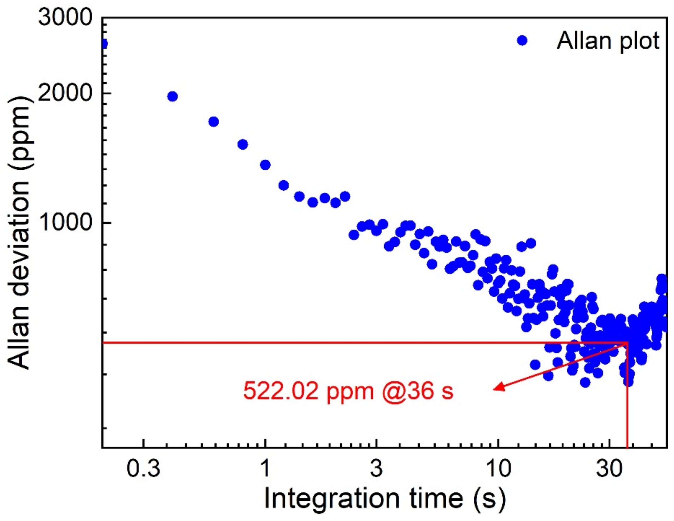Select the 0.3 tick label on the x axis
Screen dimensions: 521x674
pyautogui.click(x=144, y=468)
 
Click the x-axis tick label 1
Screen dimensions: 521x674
pyautogui.click(x=265, y=468)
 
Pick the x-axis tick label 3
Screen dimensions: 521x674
pyautogui.click(x=376, y=468)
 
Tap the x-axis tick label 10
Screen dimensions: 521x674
pyautogui.click(x=498, y=468)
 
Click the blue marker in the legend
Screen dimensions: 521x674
pyautogui.click(x=522, y=40)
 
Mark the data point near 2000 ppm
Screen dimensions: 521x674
pyautogui.click(x=172, y=96)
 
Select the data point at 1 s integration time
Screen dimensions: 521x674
pyautogui.click(x=265, y=165)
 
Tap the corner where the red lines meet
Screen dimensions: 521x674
pyautogui.click(x=627, y=342)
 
